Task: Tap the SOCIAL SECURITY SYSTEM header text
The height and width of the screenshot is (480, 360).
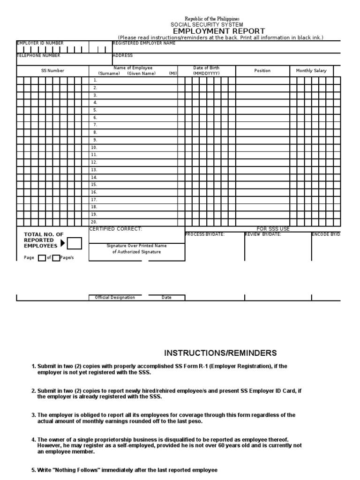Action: click(x=207, y=24)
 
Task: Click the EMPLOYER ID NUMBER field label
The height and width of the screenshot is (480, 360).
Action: click(x=40, y=43)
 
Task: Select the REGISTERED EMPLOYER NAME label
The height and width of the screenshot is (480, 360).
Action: click(x=144, y=43)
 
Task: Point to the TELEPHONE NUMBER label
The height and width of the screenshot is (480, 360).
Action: click(x=38, y=55)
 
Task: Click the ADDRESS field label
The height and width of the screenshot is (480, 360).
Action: click(x=123, y=55)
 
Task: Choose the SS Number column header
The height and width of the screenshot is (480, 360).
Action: click(x=52, y=71)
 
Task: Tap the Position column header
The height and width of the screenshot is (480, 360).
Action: click(x=262, y=71)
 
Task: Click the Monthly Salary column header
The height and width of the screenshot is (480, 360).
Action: click(x=311, y=71)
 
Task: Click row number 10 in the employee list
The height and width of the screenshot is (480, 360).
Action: click(x=94, y=147)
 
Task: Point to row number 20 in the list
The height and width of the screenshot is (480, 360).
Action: click(x=94, y=222)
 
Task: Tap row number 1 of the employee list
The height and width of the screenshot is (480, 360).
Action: click(x=95, y=80)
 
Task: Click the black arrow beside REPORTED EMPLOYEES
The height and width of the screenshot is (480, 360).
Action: click(x=63, y=243)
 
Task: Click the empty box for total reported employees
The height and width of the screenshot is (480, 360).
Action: click(x=75, y=243)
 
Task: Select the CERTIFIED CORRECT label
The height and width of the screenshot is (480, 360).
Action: click(x=115, y=229)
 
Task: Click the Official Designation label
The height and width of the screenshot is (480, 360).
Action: click(x=115, y=298)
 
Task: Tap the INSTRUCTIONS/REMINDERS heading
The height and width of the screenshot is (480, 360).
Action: click(x=220, y=353)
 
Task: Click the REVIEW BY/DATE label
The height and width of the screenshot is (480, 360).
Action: click(x=263, y=234)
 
